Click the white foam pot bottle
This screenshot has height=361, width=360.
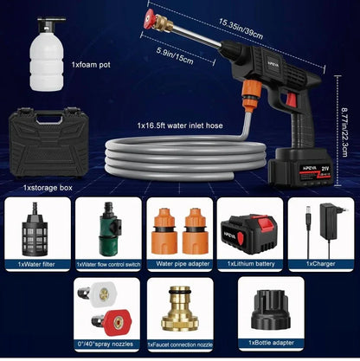pyautogui.click(x=47, y=56)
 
